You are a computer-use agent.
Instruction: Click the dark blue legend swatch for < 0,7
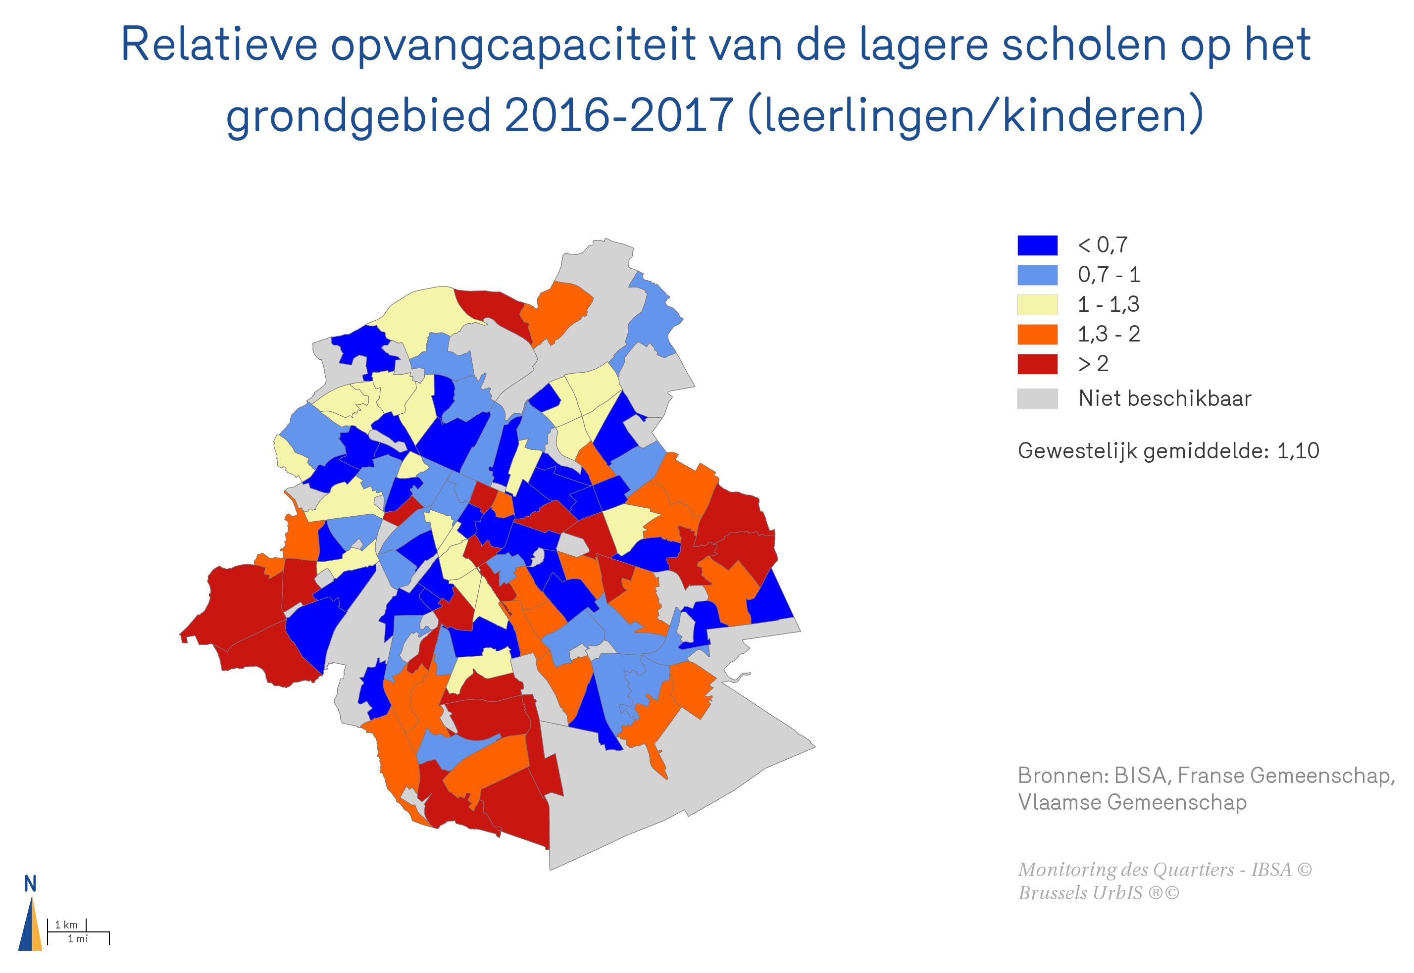click(1037, 245)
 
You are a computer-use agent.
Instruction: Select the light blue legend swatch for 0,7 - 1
click(1037, 275)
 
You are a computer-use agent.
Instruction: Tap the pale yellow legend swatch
click(1037, 304)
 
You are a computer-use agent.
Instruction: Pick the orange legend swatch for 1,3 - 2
click(1037, 334)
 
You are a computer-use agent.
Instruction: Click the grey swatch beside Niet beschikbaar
click(1037, 399)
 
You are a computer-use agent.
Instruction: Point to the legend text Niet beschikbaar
click(1164, 399)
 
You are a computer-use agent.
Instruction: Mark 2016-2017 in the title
click(618, 115)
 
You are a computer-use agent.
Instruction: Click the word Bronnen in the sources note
click(1061, 776)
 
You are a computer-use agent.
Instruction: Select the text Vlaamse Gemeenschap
click(1132, 802)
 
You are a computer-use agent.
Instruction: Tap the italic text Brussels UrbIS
click(1080, 893)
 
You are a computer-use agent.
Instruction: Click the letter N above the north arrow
click(30, 884)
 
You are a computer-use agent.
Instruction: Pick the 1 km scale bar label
click(66, 925)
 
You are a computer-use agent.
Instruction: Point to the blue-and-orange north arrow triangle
click(30, 926)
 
